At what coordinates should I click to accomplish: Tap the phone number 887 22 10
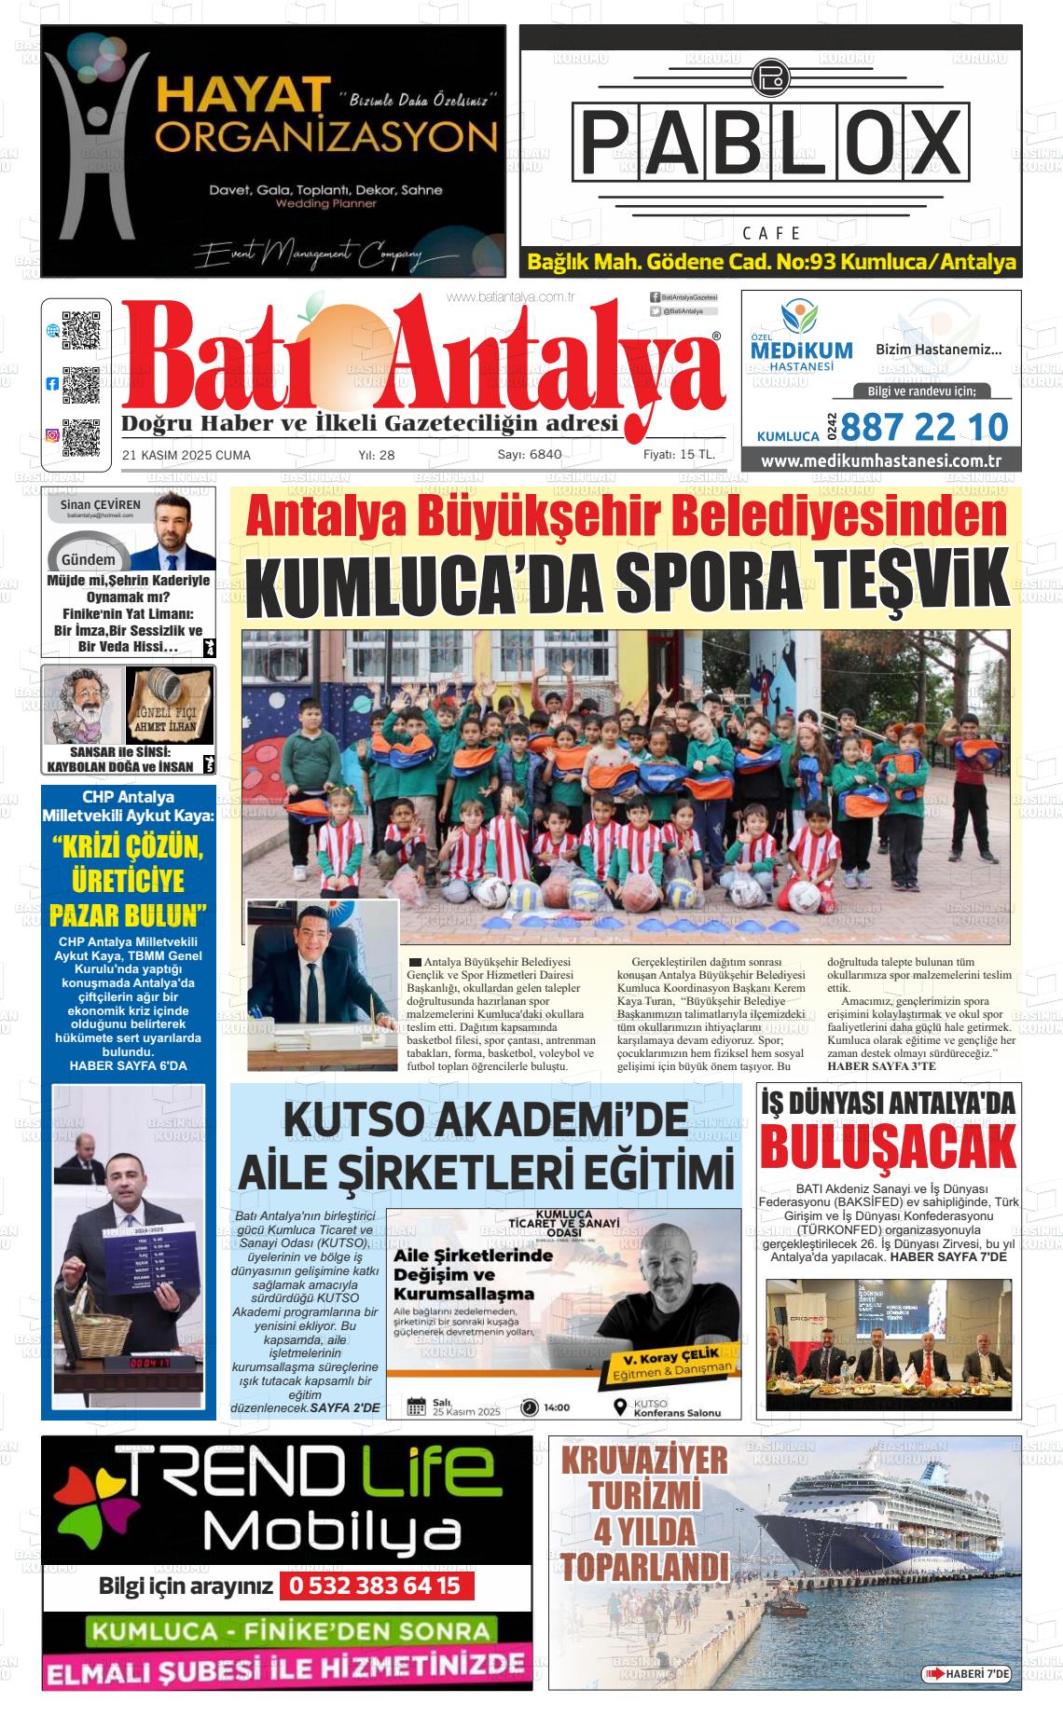pos(924,427)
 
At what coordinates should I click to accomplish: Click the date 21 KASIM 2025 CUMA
pos(186,455)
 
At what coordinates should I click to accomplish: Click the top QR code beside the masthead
pos(80,330)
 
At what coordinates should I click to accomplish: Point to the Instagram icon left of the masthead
pos(52,435)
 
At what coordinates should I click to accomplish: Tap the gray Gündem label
pos(88,560)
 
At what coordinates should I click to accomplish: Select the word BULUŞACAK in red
pos(887,1146)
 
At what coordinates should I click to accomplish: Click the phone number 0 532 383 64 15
pos(375,1584)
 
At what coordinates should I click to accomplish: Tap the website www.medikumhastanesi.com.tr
pos(880,460)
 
